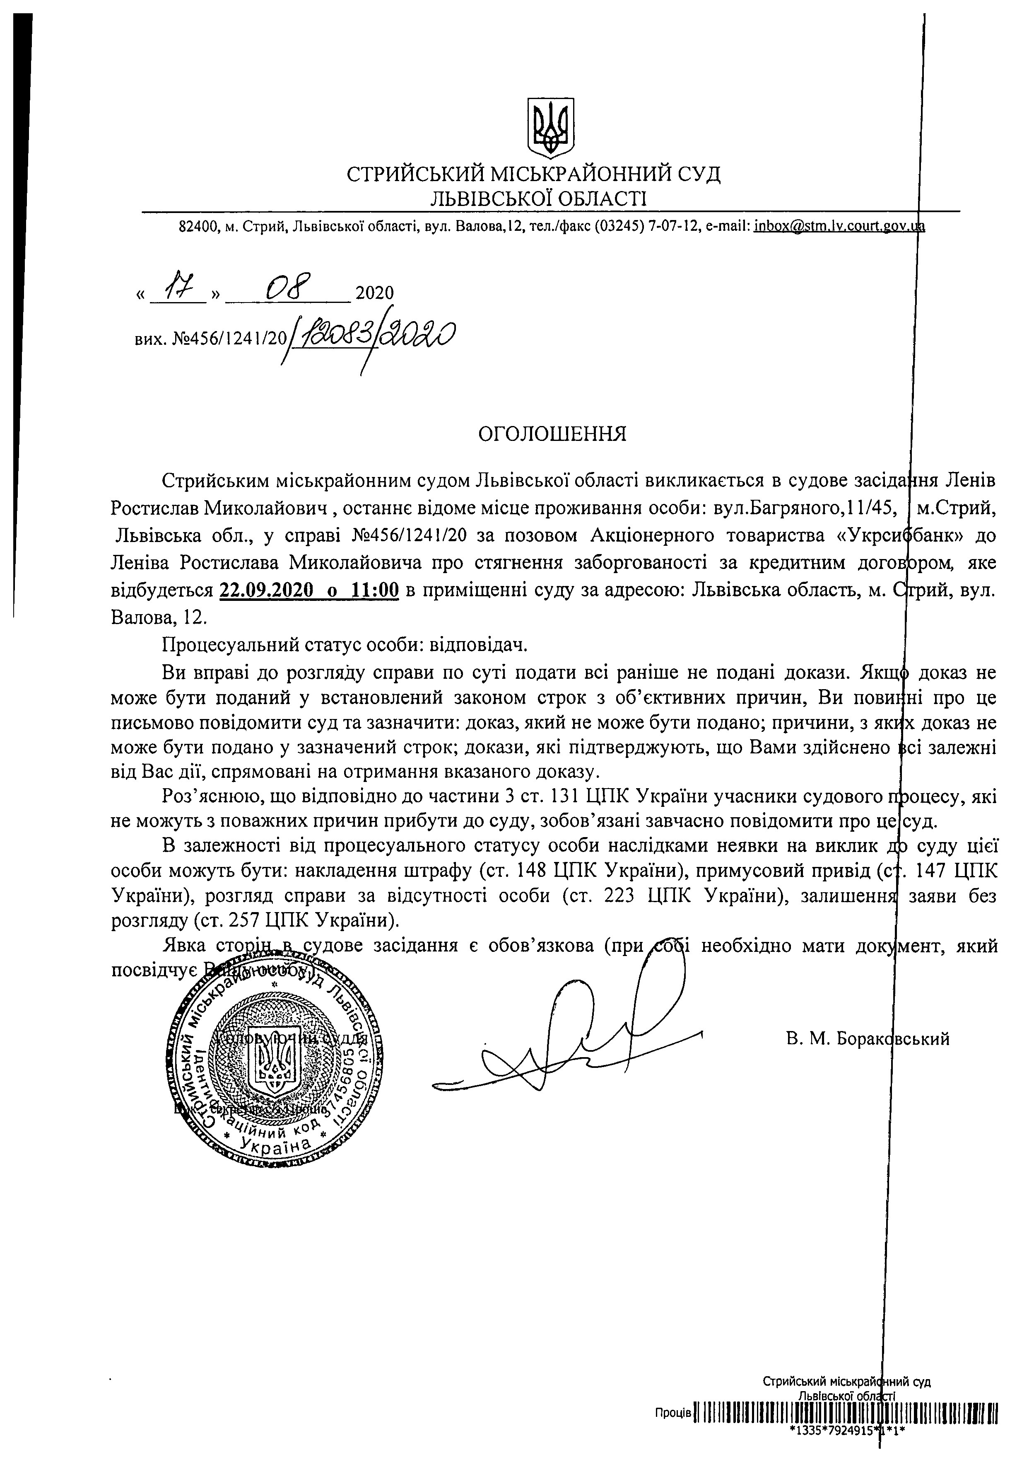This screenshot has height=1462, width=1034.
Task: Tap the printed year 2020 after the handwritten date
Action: pos(374,293)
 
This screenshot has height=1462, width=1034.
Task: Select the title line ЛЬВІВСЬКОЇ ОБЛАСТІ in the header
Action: pos(538,199)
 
